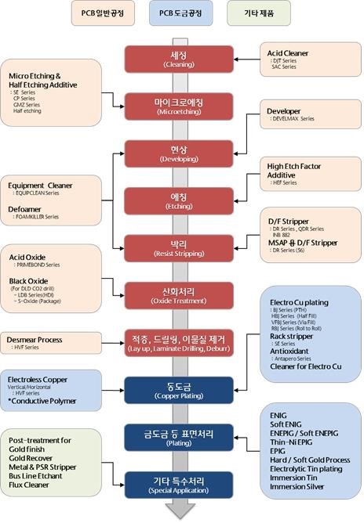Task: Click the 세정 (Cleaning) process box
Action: (x=181, y=60)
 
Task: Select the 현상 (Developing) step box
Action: (x=181, y=153)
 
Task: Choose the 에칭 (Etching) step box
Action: (x=181, y=199)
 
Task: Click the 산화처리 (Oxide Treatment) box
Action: (x=181, y=294)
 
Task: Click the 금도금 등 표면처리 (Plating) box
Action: (x=181, y=436)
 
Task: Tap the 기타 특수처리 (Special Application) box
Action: (x=181, y=483)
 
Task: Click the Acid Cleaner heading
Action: (x=289, y=53)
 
